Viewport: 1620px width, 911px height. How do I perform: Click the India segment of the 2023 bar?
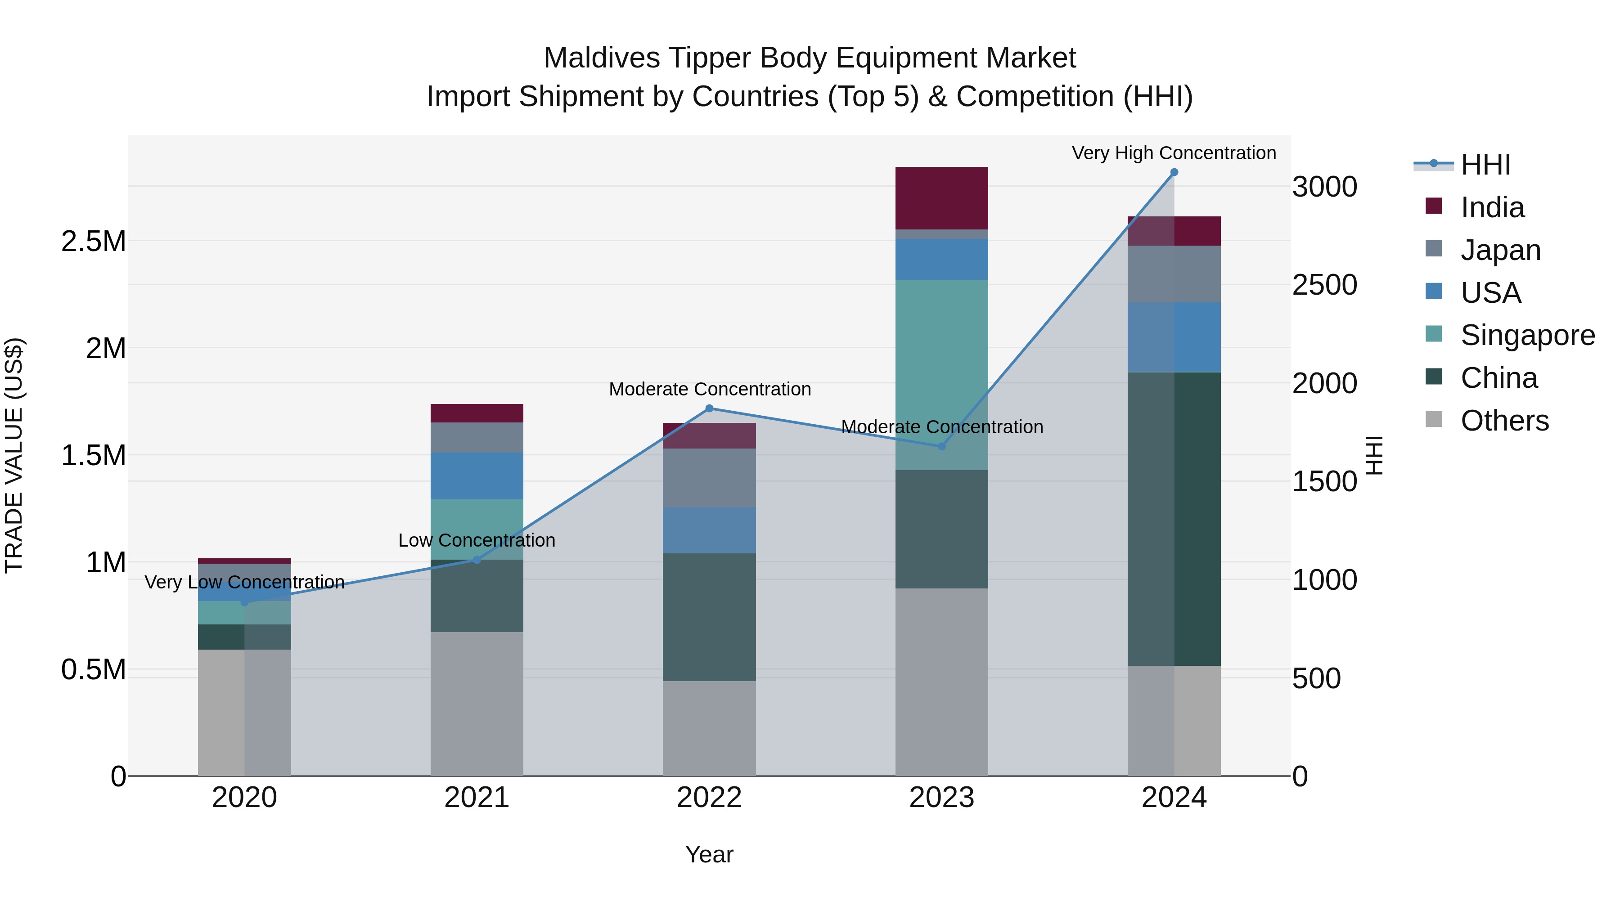(941, 198)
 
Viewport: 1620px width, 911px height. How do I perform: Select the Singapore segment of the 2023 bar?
(941, 375)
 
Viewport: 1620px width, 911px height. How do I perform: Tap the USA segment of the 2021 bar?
(477, 476)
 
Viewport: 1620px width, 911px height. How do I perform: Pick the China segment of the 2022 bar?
(709, 617)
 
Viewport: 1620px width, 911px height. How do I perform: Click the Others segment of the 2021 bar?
(477, 704)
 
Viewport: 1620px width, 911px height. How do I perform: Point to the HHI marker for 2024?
(1174, 172)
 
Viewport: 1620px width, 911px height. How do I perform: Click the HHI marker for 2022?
(709, 408)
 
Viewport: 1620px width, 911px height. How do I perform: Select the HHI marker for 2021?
(477, 560)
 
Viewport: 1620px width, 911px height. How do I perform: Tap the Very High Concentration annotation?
(1174, 153)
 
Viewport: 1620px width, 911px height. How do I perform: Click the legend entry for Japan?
(1500, 250)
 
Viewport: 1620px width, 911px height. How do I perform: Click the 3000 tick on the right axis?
(1324, 187)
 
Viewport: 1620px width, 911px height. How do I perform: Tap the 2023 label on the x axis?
(941, 798)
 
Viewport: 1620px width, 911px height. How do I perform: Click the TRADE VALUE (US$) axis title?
(14, 455)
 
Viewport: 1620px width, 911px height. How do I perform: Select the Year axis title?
(709, 854)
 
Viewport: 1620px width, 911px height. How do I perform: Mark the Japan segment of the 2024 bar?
(1174, 274)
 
